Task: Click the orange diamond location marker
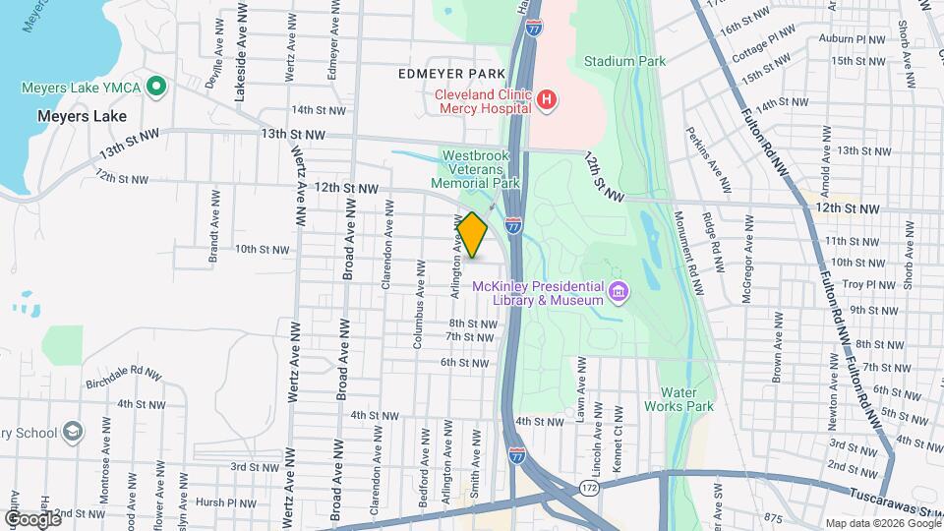(472, 235)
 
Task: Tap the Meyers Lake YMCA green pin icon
(154, 88)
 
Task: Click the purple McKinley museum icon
(618, 293)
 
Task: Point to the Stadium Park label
(624, 61)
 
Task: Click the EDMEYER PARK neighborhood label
(451, 74)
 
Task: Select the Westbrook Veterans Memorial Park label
(480, 169)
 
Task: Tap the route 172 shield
(589, 488)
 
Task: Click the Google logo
(32, 518)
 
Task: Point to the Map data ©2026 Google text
(882, 523)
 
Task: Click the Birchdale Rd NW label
(123, 376)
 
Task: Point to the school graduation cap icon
(72, 432)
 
